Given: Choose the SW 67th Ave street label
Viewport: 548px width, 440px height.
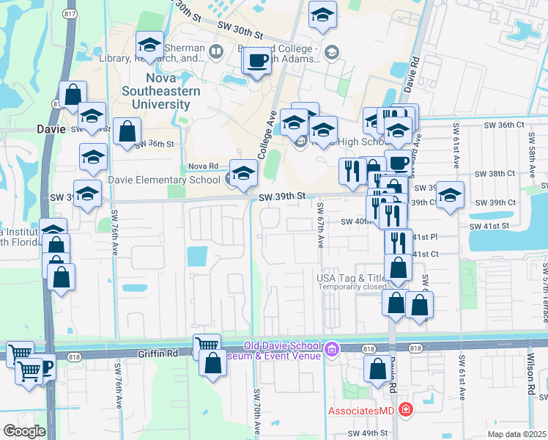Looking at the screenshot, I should (321, 226).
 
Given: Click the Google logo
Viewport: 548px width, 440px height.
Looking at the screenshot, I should (24, 431).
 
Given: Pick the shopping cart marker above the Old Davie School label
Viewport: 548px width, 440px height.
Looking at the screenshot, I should (207, 344).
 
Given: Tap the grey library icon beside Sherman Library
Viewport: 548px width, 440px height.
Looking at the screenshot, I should (215, 51).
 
